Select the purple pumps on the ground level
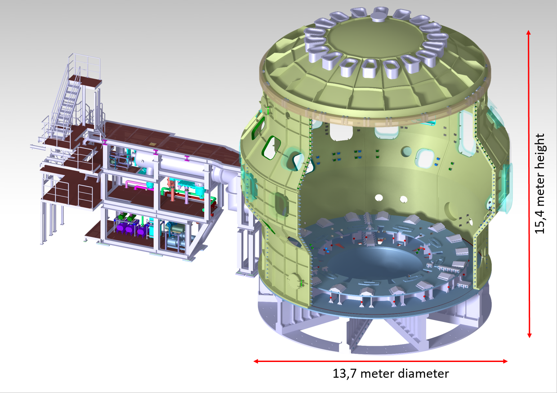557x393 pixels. (130, 224)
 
